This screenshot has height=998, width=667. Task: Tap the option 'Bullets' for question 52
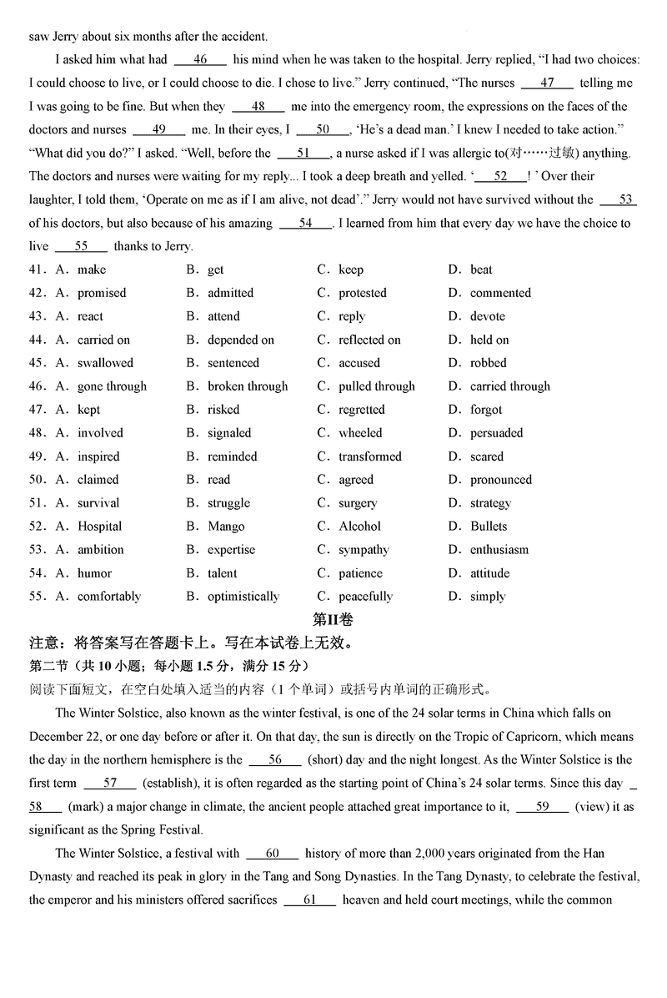[489, 527]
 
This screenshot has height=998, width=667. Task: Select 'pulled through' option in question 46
[376, 386]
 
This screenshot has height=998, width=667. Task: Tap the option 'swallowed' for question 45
[105, 363]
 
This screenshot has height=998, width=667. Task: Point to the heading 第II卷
[333, 619]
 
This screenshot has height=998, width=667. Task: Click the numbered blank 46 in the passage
[200, 60]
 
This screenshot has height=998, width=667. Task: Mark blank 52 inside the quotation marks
[500, 177]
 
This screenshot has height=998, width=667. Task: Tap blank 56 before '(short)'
[274, 760]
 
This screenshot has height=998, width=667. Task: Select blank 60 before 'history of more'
[272, 854]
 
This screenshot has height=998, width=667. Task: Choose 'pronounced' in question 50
[500, 480]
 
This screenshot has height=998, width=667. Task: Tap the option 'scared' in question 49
[487, 456]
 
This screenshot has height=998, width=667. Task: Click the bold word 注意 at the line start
[43, 643]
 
